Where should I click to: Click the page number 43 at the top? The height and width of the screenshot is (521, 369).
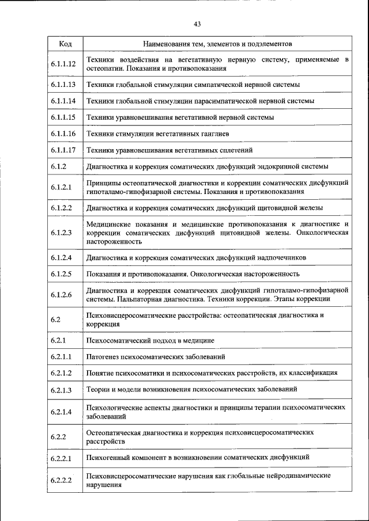click(x=197, y=24)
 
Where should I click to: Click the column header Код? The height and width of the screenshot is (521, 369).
click(x=65, y=44)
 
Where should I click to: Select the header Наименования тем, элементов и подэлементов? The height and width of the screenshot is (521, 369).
click(x=217, y=44)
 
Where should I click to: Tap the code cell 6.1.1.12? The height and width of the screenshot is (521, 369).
click(x=63, y=64)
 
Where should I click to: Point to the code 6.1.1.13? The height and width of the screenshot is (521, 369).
click(x=63, y=85)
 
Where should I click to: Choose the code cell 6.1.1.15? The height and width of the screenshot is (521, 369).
click(x=63, y=117)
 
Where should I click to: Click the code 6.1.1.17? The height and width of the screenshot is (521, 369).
click(x=63, y=150)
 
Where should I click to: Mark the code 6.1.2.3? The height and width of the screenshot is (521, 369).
click(x=61, y=233)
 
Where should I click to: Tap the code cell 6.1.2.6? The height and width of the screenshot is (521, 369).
click(x=61, y=295)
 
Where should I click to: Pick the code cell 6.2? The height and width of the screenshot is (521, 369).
click(x=55, y=320)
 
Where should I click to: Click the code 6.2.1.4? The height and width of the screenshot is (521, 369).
click(x=61, y=412)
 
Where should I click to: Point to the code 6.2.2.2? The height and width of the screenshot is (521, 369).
click(x=61, y=481)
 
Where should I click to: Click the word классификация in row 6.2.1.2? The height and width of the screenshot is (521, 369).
click(x=315, y=373)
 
